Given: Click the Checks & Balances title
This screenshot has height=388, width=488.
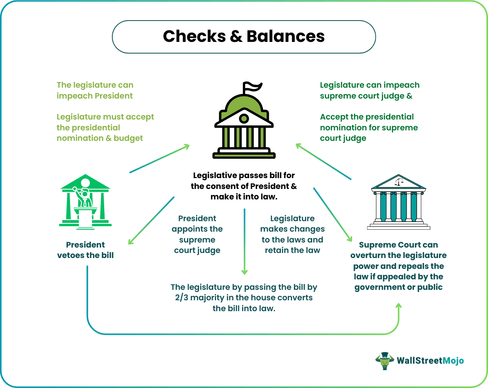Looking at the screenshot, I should pos(244,36).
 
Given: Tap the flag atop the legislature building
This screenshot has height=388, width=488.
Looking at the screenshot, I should pos(252,87).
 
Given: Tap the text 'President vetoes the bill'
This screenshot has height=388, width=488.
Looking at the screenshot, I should pos(85,250).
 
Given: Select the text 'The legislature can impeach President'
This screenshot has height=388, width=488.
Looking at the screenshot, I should pos(95,90).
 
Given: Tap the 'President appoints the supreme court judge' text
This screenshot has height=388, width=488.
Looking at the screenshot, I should pos(197,234).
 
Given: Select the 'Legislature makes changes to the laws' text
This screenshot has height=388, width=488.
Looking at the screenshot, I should pos(292,234).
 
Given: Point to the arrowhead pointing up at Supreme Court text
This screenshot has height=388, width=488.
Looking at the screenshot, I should pos(399,307).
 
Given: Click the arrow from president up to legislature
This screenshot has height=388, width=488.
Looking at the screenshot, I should pos(160,158).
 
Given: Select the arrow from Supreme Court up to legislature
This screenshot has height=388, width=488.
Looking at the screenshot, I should pos(323,161).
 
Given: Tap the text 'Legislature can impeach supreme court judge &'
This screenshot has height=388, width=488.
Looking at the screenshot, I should pos(369,90).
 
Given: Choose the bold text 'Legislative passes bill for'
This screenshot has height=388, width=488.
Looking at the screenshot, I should pos(244,175).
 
